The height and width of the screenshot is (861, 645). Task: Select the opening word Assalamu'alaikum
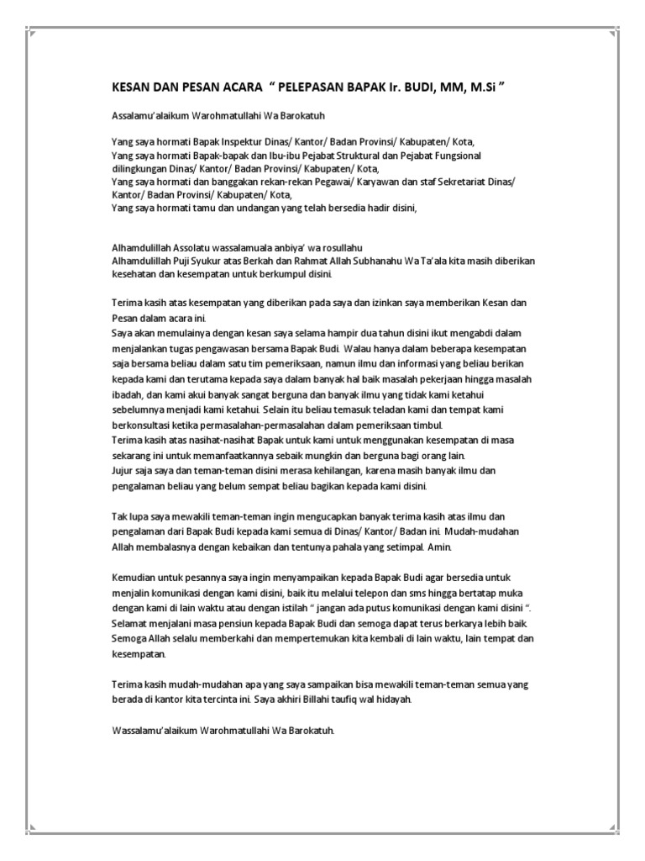150,114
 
